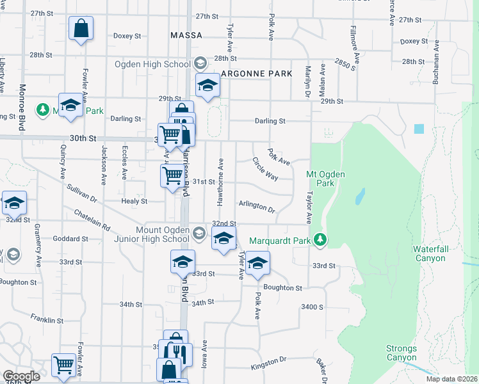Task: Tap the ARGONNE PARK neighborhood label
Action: [256, 74]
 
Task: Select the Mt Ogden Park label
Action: [321, 179]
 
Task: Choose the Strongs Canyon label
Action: [402, 353]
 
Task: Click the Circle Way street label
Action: [264, 168]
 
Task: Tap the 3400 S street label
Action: [313, 307]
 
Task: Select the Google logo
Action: [21, 376]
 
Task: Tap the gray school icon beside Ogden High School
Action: [200, 63]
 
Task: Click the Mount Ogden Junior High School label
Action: [163, 234]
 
